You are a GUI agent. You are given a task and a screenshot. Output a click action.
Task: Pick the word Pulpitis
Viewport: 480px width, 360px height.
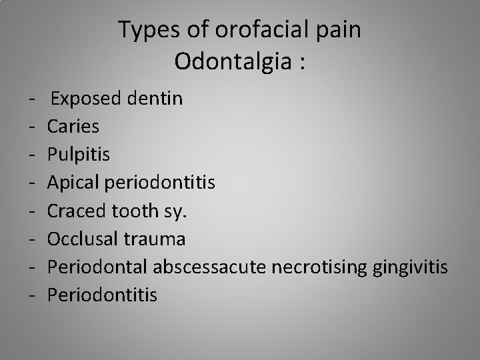click(x=79, y=155)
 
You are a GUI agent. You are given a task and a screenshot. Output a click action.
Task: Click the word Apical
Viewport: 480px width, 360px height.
click(x=73, y=182)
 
